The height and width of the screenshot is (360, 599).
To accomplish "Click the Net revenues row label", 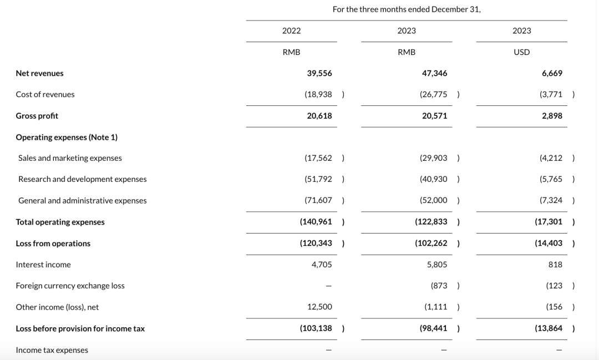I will coord(39,73).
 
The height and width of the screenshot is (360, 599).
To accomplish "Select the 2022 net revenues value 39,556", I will coord(319,73).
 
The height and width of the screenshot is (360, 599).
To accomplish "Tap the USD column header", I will coord(521,52).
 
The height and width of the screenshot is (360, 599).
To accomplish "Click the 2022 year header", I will coord(291,31).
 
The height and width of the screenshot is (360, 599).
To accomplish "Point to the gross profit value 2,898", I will coord(552,116).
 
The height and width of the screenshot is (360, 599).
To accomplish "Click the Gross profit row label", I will coord(37,116).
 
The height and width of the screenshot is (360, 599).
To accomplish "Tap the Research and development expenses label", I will coord(82,179).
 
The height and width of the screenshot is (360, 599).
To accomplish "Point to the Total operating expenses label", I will coord(60,222).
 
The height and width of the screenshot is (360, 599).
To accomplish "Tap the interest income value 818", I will coord(555,265).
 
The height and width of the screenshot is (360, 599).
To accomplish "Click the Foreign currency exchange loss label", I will coord(70,286).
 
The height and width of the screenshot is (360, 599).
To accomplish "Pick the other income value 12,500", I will coord(319,307).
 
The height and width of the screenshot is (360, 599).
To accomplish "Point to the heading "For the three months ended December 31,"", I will coord(407,9).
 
